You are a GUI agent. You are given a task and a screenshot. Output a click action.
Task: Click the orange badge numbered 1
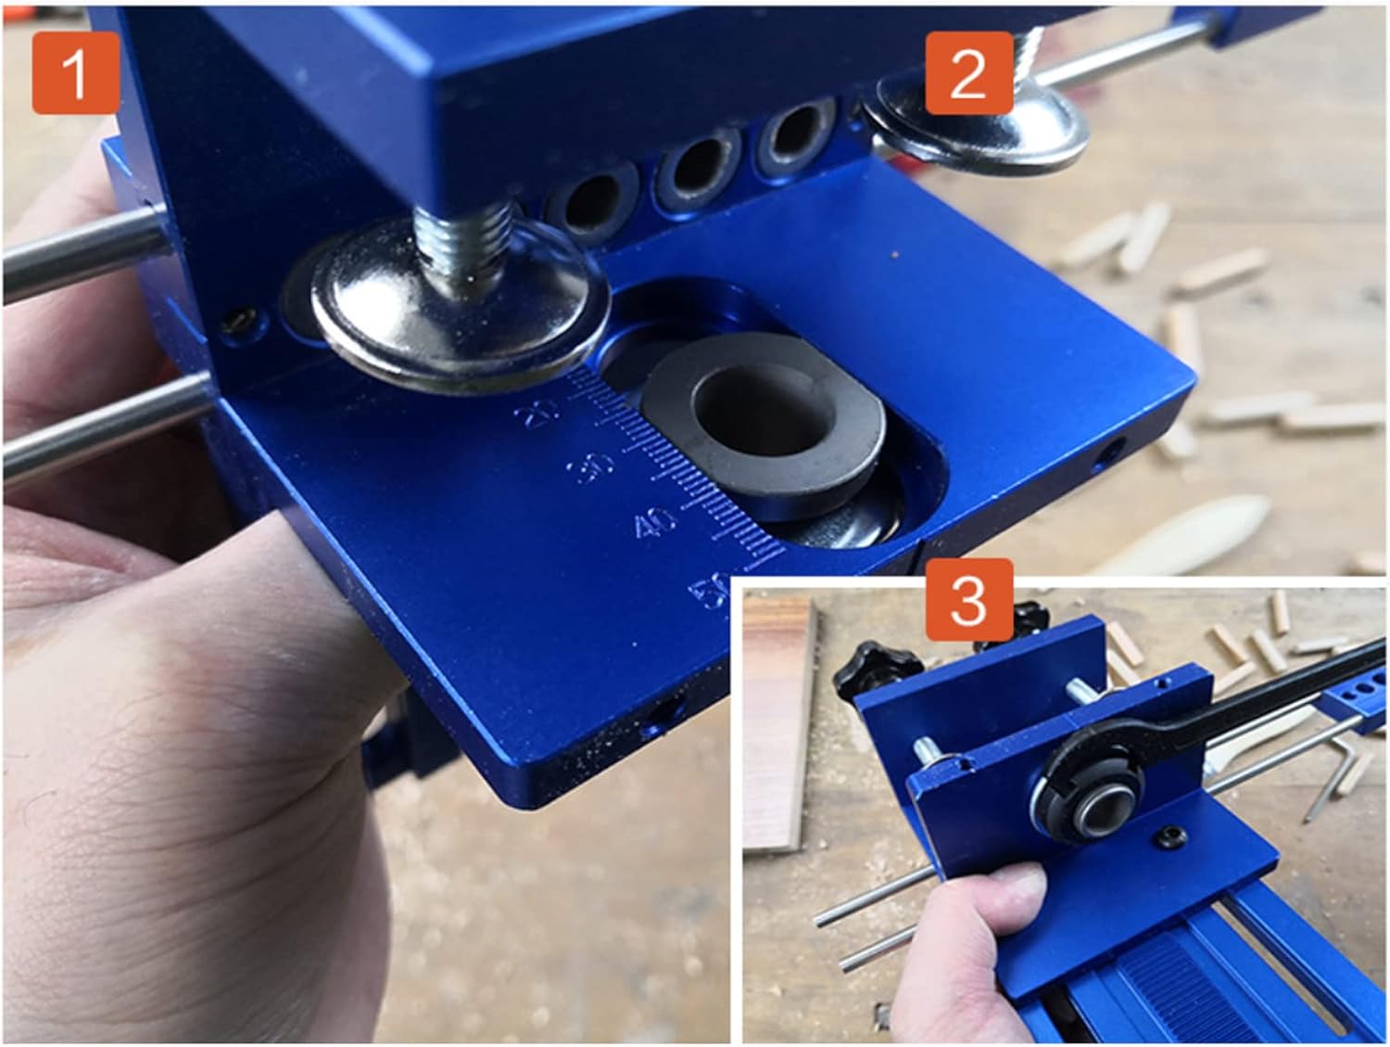pos(75,73)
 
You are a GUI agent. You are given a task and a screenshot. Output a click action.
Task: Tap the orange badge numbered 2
pos(967,73)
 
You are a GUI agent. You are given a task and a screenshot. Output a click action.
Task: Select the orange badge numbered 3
pos(967,600)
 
